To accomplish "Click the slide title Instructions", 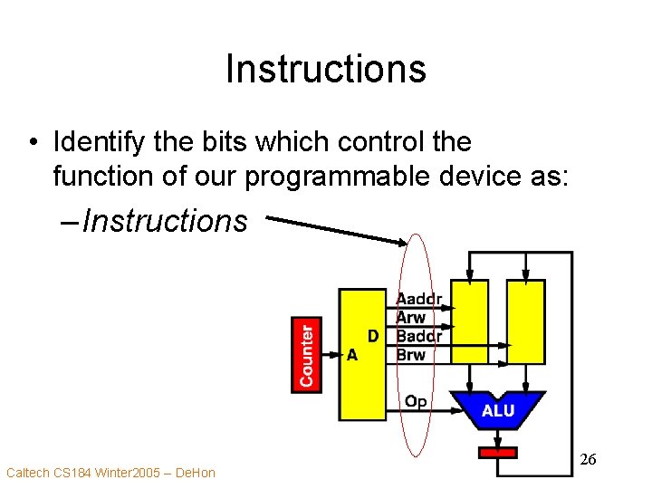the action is (x=325, y=69).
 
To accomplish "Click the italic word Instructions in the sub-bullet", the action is (x=164, y=220).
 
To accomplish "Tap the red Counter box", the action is (x=307, y=354).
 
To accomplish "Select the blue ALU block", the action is (x=497, y=410).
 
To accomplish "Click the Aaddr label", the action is (x=419, y=299).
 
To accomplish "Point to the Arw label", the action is (x=411, y=317).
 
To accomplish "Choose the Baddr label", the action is (x=419, y=336).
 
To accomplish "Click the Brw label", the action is (x=411, y=354).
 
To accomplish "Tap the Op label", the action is (x=416, y=401).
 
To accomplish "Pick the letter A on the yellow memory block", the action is (x=352, y=355).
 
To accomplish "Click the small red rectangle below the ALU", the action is (x=497, y=452).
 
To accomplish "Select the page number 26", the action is (x=588, y=461).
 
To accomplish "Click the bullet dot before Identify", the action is (x=33, y=143).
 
